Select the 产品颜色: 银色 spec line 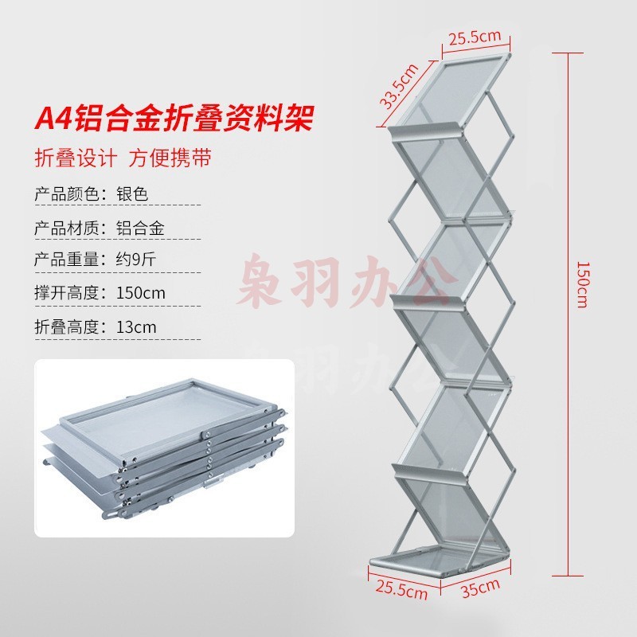point(92,193)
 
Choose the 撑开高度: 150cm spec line point(100,292)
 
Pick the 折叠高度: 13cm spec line point(96,326)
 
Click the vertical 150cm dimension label point(581,285)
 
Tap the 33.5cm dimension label point(397,85)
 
